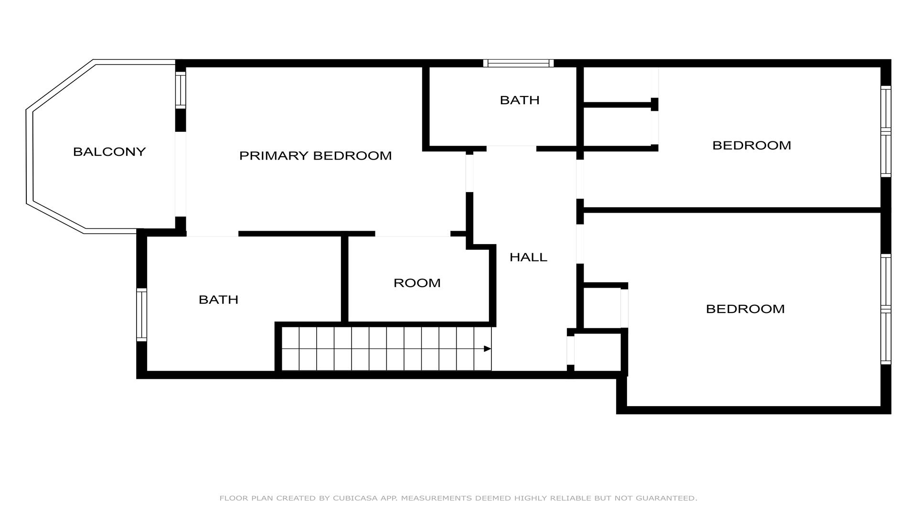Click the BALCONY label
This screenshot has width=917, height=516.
109,152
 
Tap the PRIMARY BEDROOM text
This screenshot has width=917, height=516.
315,156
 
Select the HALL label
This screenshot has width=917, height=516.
528,257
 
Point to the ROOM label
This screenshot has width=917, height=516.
417,283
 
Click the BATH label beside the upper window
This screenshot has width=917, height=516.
520,100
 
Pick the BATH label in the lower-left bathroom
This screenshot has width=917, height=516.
218,300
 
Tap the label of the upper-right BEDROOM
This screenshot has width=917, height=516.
752,145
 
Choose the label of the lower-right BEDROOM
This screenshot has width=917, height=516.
745,309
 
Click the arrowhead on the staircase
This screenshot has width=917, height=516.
488,349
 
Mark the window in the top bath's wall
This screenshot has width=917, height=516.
518,63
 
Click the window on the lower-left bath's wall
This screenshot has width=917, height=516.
142,314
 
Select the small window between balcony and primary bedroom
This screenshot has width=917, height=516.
180,90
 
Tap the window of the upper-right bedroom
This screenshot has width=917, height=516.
886,131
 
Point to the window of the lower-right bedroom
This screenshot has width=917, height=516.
886,309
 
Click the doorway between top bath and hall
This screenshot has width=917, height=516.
512,148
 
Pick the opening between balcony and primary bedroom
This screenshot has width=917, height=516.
180,174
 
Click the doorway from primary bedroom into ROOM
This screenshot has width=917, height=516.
413,234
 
